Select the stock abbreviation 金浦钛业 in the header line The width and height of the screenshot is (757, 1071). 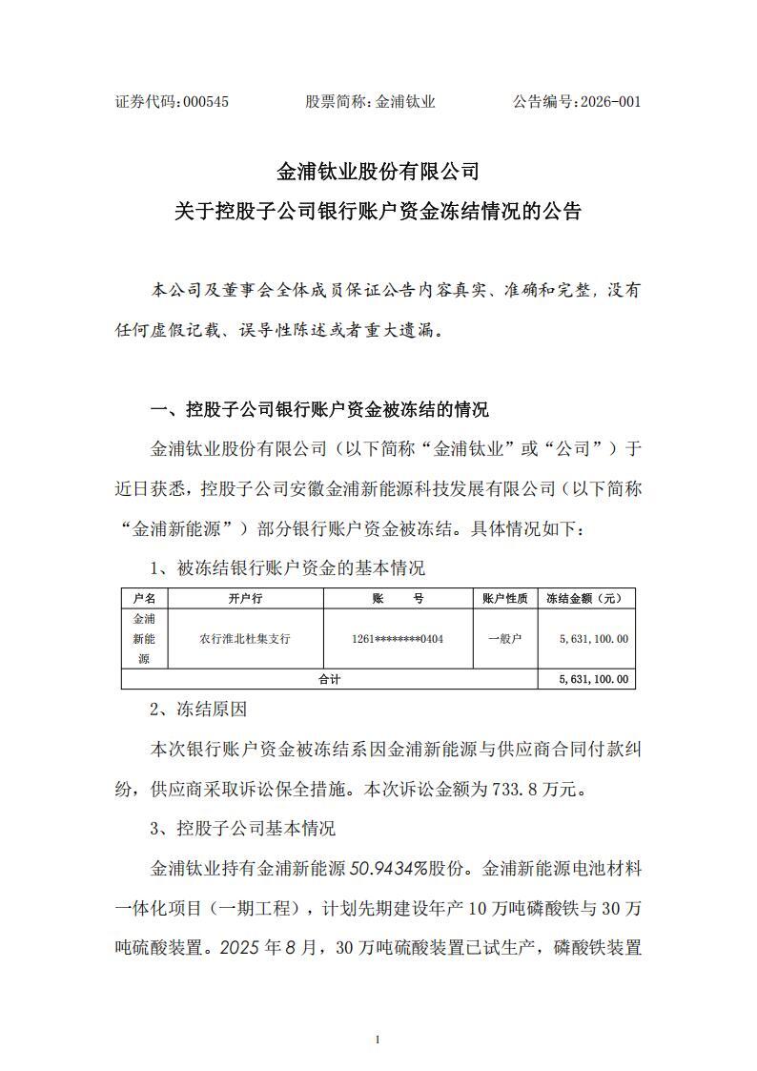tap(405, 102)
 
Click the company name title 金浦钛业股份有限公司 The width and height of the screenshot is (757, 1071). tap(378, 173)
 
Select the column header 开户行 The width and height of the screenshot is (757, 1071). tap(245, 599)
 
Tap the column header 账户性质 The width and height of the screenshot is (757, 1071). tap(505, 599)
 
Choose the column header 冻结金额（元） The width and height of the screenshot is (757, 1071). tap(586, 599)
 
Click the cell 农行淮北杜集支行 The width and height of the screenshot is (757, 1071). tap(245, 639)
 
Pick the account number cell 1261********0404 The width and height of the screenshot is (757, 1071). tap(399, 639)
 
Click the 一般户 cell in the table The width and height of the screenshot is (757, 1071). tap(505, 639)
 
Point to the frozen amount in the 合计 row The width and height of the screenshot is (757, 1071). tap(593, 679)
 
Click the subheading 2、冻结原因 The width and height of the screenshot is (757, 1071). tap(199, 710)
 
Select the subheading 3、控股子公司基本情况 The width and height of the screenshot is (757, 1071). tap(243, 828)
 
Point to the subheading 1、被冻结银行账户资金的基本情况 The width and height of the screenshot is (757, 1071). tap(288, 568)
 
